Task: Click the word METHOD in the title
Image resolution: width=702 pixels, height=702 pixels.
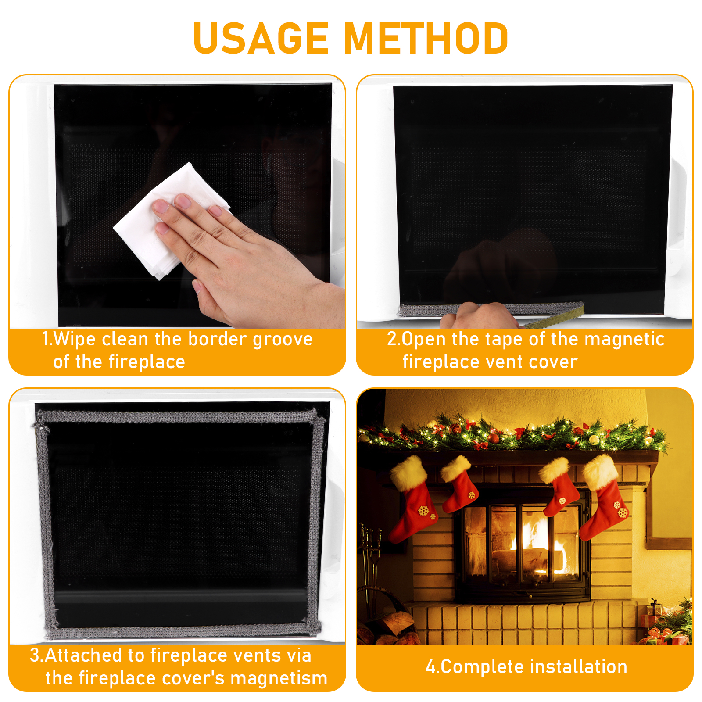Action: tap(426, 38)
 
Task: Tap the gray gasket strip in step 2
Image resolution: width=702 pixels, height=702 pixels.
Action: tap(491, 309)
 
